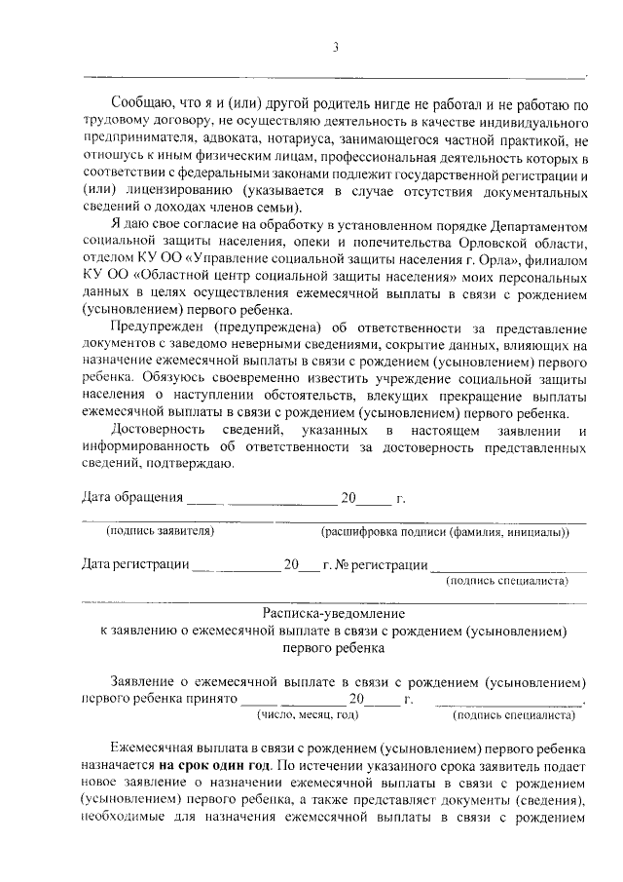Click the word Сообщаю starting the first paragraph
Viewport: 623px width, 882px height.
pos(142,103)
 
